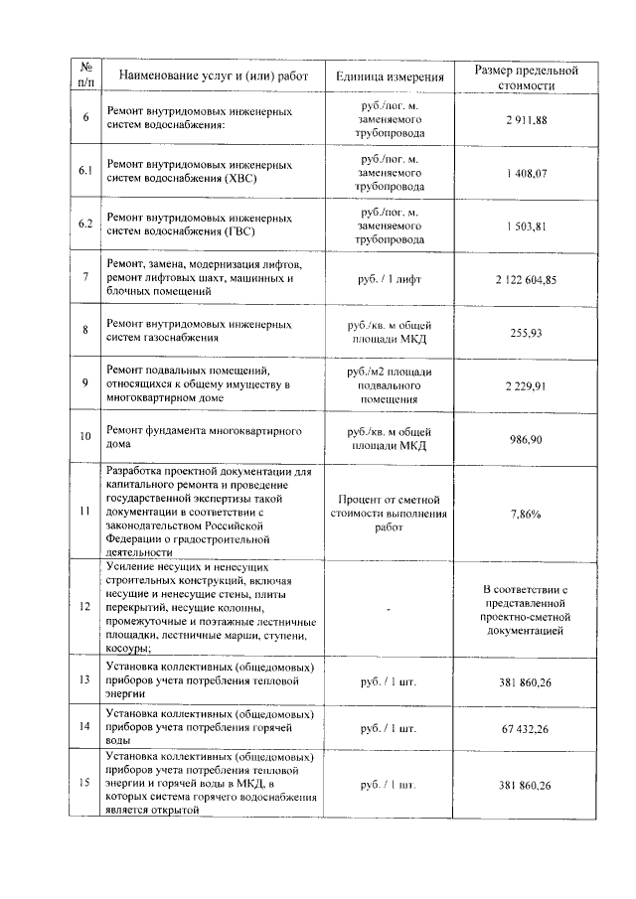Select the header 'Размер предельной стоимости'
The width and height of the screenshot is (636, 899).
526,77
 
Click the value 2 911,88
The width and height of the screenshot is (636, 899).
526,120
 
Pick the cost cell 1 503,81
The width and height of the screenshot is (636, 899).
526,226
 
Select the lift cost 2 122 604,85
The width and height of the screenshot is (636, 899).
526,280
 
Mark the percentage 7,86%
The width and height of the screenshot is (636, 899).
526,515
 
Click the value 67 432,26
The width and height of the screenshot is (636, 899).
526,729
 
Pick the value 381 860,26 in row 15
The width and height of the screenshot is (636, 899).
526,785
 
